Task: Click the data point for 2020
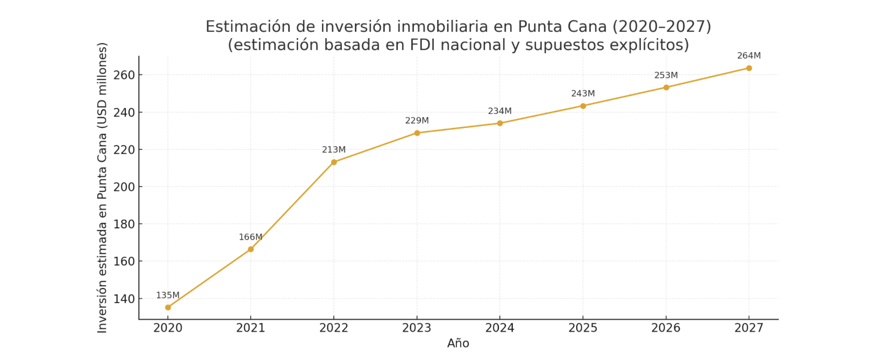[168, 307]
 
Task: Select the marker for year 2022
[334, 162]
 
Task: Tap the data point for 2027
[749, 68]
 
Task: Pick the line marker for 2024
[500, 123]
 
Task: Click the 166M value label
[250, 237]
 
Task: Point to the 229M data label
[417, 120]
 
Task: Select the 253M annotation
[666, 75]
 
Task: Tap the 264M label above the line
[749, 55]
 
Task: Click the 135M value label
[168, 295]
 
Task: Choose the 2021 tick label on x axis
[250, 328]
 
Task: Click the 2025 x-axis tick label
[583, 328]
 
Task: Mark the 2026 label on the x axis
[666, 328]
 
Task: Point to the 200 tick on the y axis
[124, 187]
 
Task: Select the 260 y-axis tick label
[124, 75]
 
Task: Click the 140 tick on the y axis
[124, 299]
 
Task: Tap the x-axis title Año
[458, 343]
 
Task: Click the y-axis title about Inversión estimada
[102, 188]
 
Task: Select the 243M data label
[583, 93]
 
